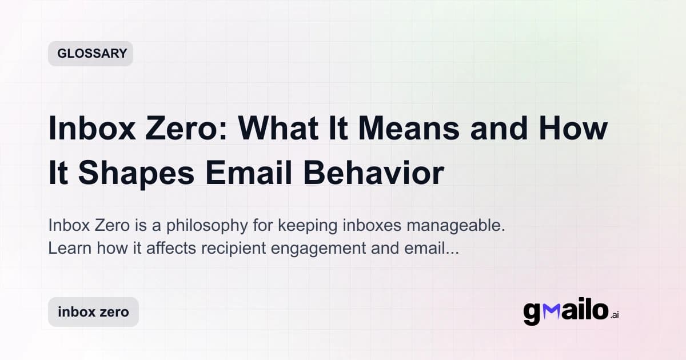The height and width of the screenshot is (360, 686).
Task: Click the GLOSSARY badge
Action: [90, 54]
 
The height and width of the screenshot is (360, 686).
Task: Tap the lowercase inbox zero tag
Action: [93, 312]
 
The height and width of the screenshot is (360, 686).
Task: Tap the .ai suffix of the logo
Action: [615, 315]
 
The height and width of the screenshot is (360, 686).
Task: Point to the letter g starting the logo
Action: [533, 313]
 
